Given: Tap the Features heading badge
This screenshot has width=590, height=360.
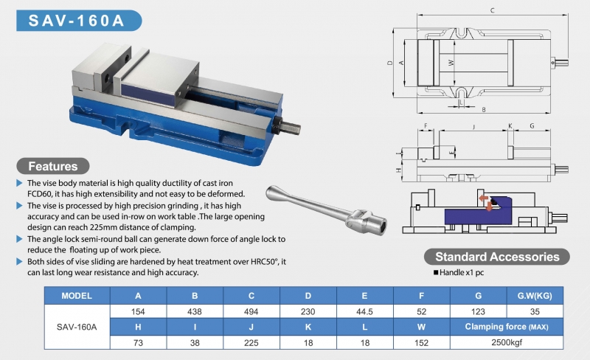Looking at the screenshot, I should pos(52,165).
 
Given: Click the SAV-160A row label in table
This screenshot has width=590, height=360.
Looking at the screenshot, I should pos(77,327).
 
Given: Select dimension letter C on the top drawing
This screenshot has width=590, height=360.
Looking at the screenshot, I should pos(492,10).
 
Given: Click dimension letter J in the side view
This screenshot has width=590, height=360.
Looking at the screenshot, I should pos(471,126).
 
